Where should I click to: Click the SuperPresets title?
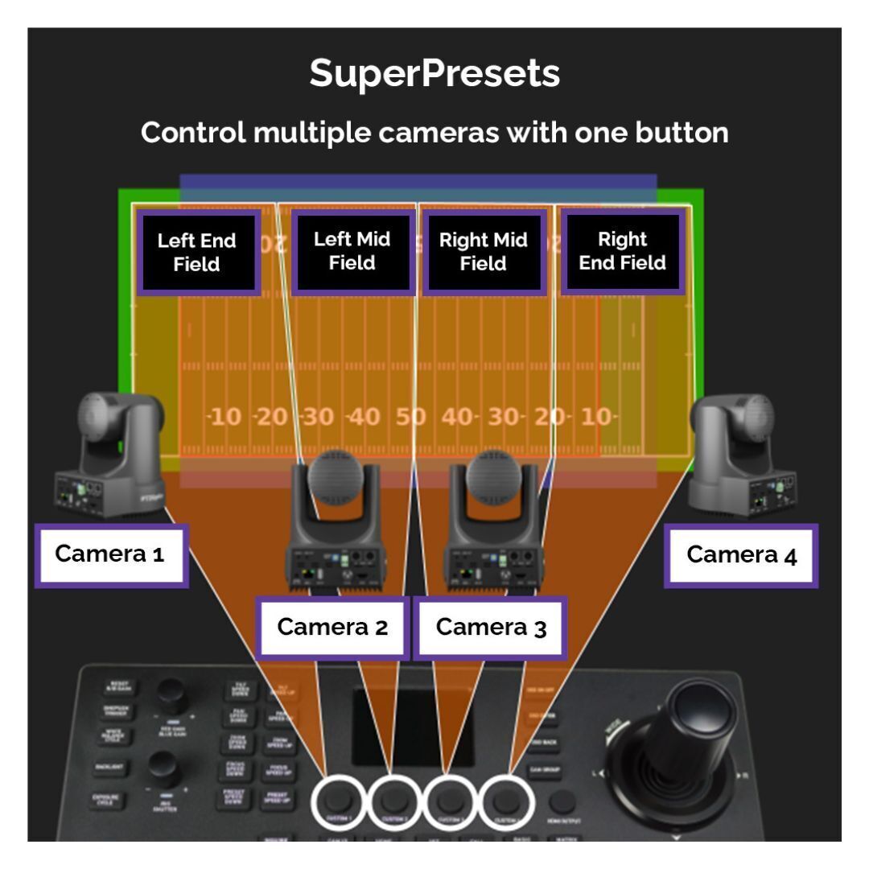(434, 74)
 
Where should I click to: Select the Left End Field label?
(197, 253)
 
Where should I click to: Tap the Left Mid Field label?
(352, 251)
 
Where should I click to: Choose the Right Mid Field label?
(483, 252)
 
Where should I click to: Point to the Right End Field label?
(622, 251)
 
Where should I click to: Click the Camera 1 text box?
(110, 554)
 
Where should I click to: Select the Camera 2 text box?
(332, 628)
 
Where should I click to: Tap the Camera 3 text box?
(491, 628)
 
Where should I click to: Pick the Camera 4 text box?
(741, 555)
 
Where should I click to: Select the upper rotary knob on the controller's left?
(171, 692)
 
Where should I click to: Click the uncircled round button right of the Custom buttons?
(563, 801)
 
